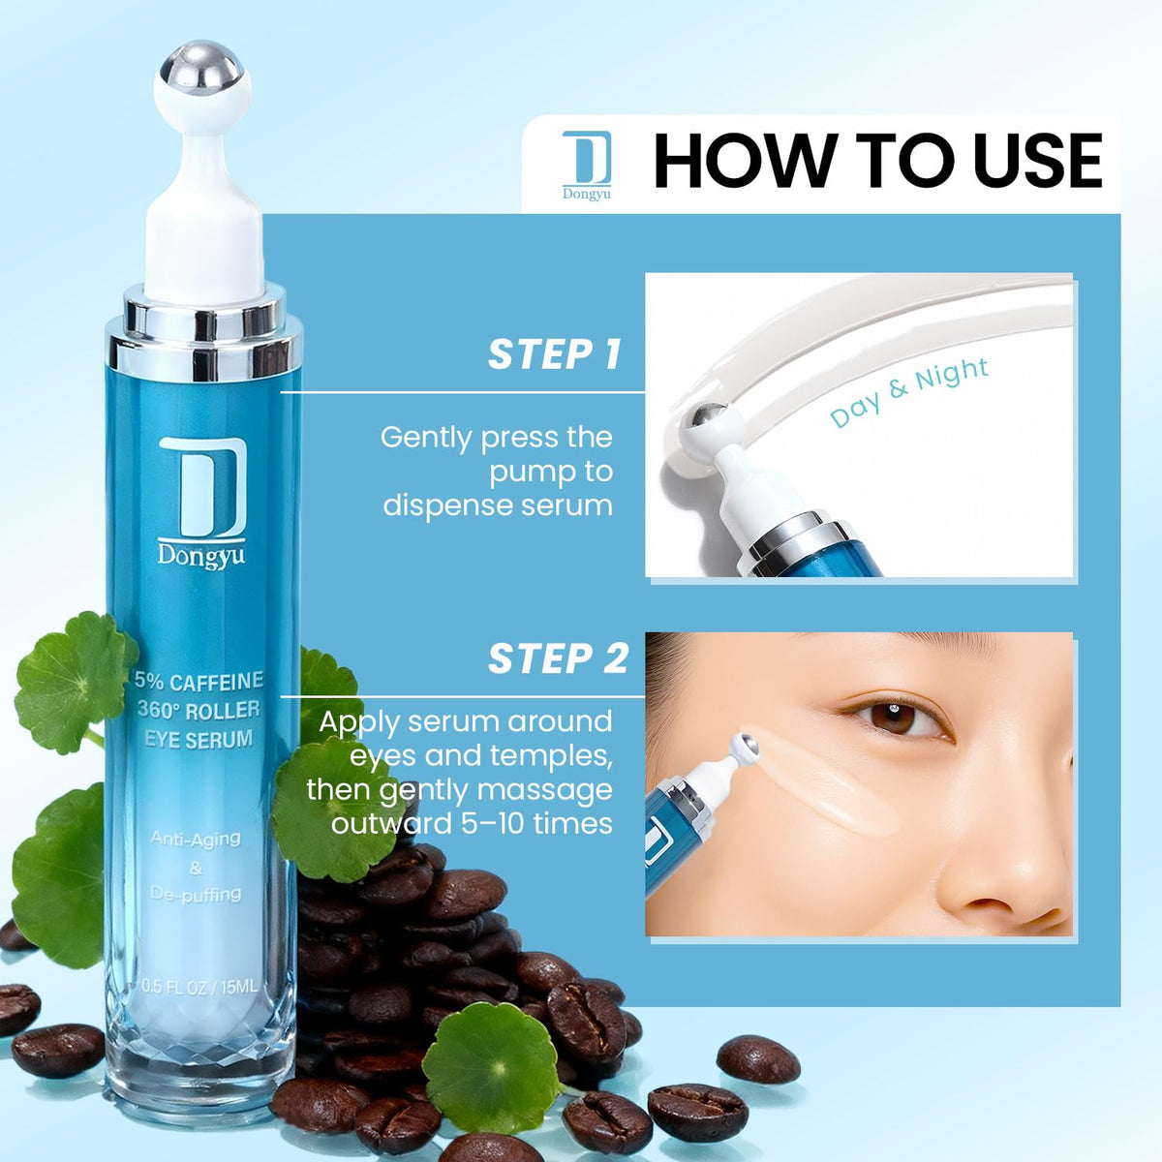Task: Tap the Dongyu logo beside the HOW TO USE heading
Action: click(x=586, y=165)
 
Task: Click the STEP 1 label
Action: click(x=554, y=354)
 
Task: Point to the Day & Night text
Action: click(x=908, y=392)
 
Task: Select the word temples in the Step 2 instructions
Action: click(x=558, y=755)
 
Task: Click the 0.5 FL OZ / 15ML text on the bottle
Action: click(x=199, y=987)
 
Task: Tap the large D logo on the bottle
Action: click(x=202, y=487)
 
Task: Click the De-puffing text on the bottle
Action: click(x=196, y=895)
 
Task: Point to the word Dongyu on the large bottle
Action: click(x=201, y=555)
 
